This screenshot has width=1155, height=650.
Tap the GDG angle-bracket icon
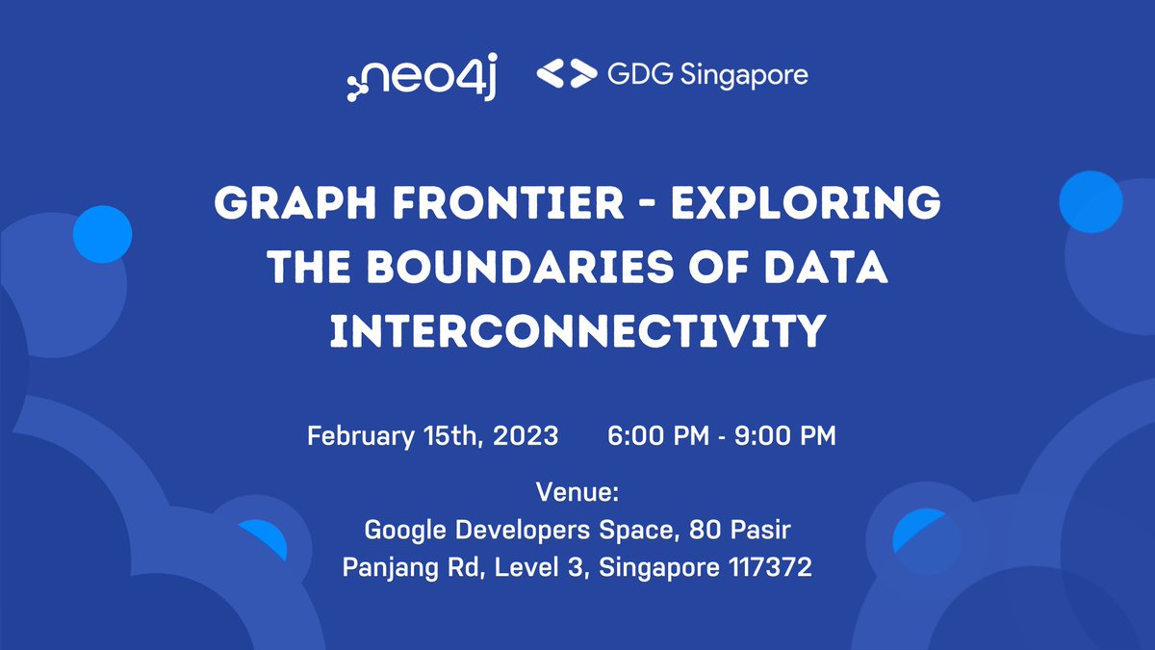563,75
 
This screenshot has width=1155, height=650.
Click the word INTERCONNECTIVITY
577,330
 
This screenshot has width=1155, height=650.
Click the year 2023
526,435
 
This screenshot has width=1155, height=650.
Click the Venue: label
577,494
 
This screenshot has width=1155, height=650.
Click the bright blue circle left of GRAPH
102,234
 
